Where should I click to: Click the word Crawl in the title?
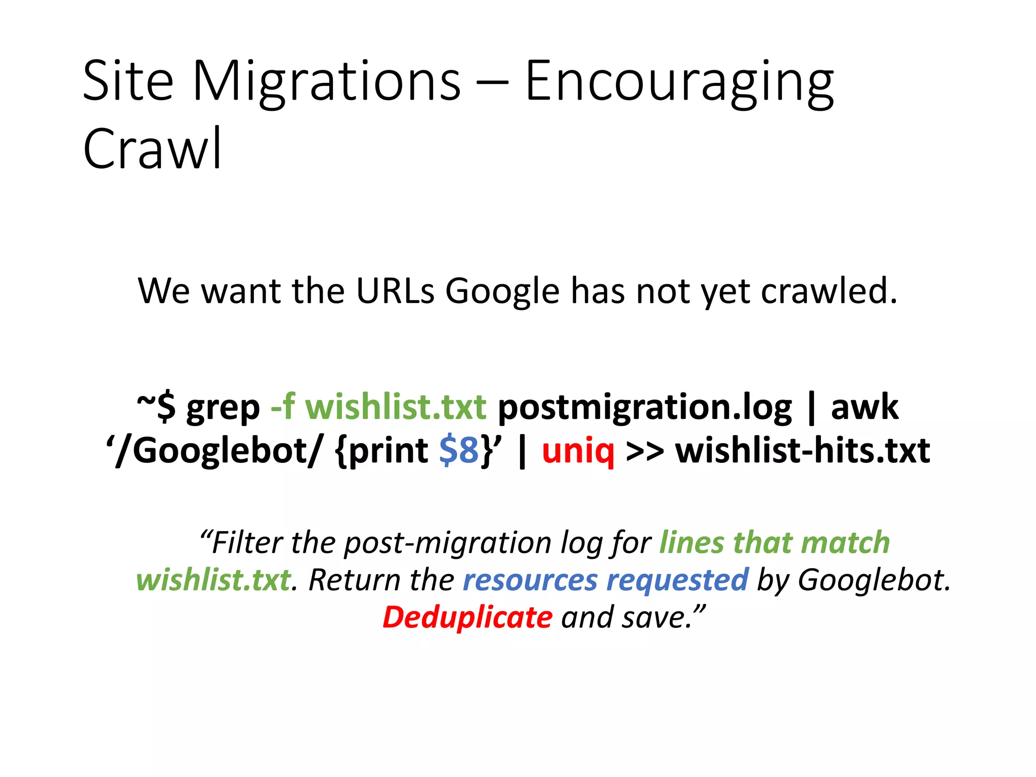[152, 148]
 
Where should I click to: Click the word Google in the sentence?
[502, 292]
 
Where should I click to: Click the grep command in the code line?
[223, 408]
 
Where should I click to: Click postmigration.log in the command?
[645, 408]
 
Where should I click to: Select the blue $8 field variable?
[459, 450]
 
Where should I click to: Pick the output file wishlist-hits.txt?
[803, 450]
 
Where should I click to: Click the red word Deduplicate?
[467, 617]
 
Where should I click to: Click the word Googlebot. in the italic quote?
[874, 580]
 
